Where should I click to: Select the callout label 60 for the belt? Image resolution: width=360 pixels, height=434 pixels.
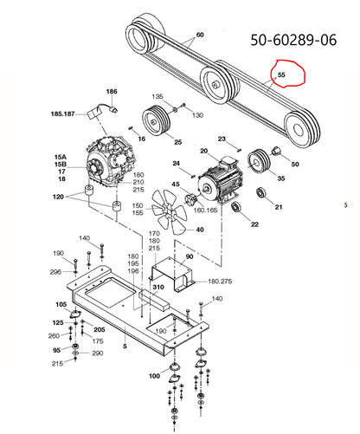(200, 35)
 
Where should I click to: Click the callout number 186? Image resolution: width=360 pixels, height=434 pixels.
(112, 91)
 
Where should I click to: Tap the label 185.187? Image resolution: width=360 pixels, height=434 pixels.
(87, 113)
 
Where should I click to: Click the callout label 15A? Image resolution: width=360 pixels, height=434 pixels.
(60, 156)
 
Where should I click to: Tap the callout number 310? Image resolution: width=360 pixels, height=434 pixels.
(158, 287)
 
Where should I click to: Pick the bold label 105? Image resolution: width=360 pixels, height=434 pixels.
(61, 304)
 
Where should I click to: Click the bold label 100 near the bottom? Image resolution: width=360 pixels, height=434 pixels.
(154, 376)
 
